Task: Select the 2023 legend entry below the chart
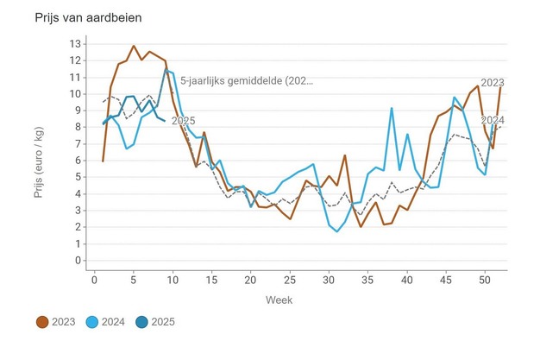(x=53, y=322)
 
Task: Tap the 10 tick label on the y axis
(x=74, y=93)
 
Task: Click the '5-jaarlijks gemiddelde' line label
(x=247, y=81)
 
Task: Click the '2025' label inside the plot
(x=183, y=121)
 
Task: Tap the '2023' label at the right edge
(x=493, y=83)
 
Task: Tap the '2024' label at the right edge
(x=493, y=120)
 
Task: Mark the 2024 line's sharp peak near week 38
(x=392, y=108)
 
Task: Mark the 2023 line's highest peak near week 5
(x=134, y=46)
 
